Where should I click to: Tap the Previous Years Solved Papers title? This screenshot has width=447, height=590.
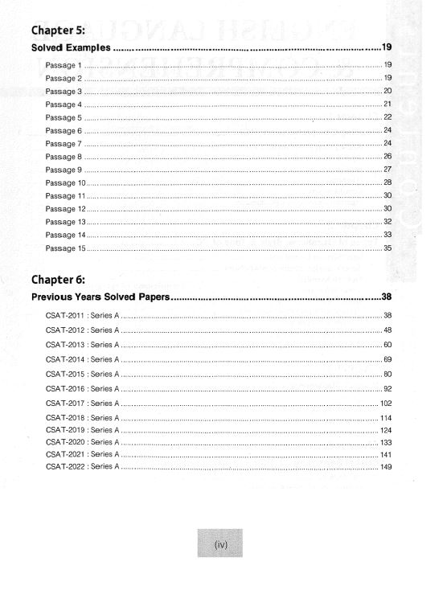(x=100, y=297)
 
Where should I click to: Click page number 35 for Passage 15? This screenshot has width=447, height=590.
(x=388, y=248)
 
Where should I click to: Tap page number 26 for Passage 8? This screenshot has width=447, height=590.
(x=388, y=156)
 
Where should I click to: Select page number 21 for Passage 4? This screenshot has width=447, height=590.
(x=388, y=104)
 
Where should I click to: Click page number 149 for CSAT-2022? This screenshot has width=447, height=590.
(x=386, y=467)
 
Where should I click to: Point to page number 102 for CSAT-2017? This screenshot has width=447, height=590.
(x=386, y=403)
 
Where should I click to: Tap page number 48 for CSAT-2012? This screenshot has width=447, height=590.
(x=388, y=330)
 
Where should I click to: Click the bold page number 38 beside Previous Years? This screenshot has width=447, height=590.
(x=386, y=297)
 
